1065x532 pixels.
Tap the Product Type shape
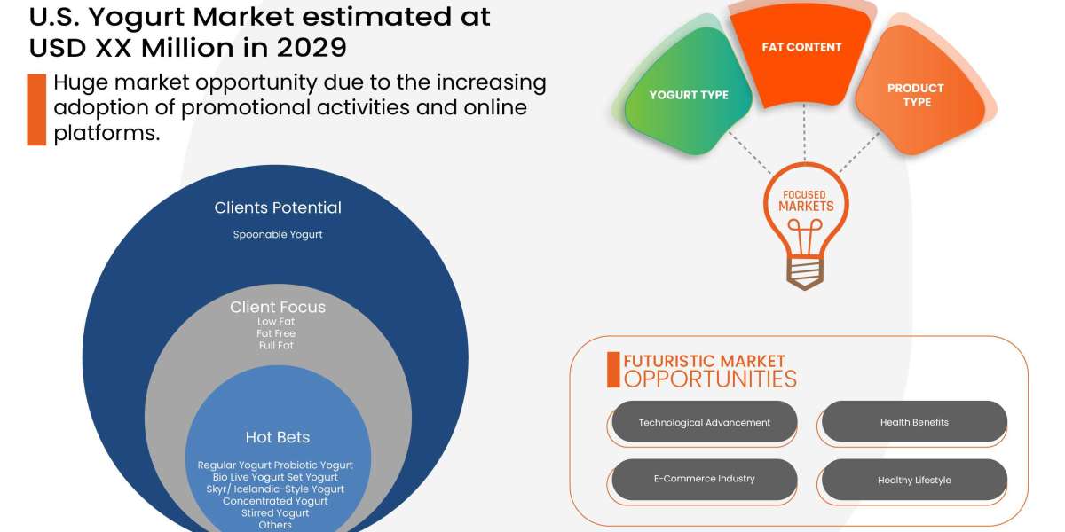(919, 98)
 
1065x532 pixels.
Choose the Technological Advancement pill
(705, 423)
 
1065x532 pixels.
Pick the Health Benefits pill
(914, 422)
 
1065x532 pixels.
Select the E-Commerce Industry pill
(705, 479)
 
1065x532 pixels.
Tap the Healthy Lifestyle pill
(914, 480)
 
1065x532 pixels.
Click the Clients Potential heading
(278, 208)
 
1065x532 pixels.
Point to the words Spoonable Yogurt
(278, 235)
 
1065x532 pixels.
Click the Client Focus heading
(278, 308)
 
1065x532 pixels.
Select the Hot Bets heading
(278, 437)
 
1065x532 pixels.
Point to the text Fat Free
(276, 333)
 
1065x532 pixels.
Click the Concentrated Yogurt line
(275, 501)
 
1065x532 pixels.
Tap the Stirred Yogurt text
(275, 513)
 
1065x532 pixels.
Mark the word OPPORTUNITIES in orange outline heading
(710, 379)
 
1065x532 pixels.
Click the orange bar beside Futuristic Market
(613, 370)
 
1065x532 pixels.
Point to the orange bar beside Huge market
(36, 109)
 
